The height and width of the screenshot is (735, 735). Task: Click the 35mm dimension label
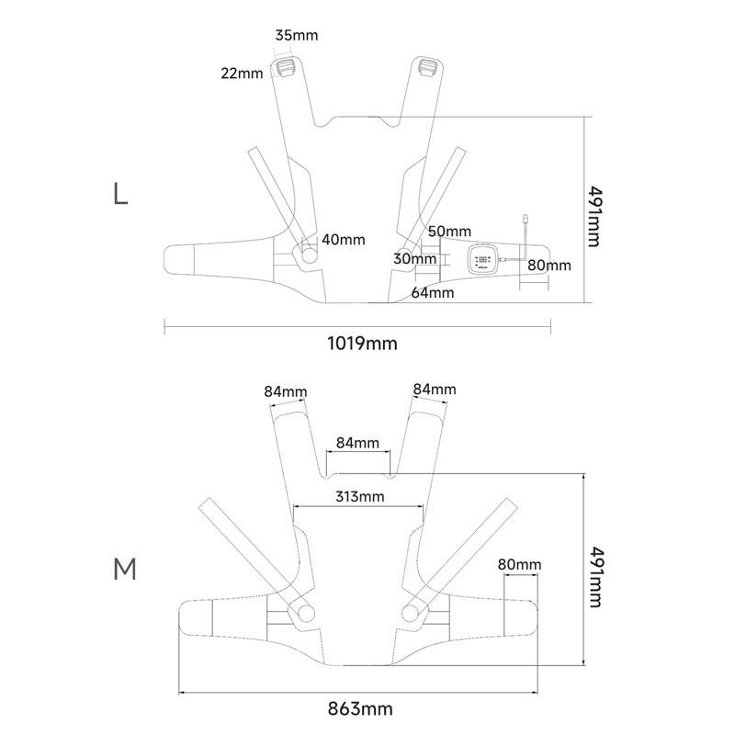click(x=296, y=35)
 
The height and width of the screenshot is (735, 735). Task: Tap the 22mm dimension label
click(x=242, y=73)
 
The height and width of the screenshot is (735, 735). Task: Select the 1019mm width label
click(x=362, y=344)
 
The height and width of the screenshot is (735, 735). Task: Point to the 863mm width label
click(x=360, y=708)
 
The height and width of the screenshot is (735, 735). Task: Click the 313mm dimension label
click(x=360, y=496)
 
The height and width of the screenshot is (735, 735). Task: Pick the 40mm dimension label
click(x=343, y=240)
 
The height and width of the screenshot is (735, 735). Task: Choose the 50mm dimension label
click(x=449, y=232)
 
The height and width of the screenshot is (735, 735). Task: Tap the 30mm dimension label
click(x=415, y=258)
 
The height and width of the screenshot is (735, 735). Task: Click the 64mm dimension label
click(x=433, y=292)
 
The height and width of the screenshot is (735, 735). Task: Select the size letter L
click(x=120, y=194)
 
